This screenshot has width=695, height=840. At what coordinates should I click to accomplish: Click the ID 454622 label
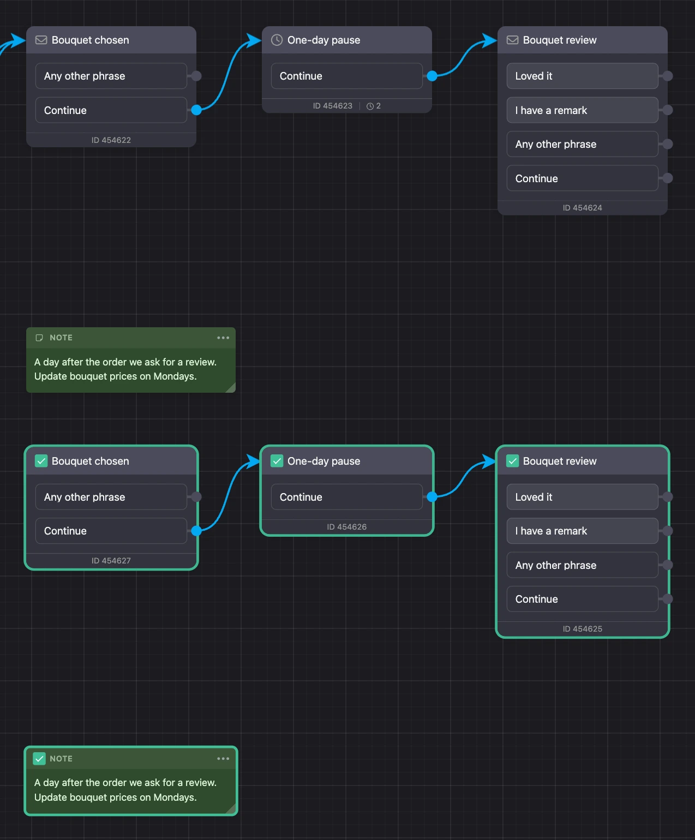coord(111,140)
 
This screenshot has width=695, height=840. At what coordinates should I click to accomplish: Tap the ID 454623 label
coord(332,106)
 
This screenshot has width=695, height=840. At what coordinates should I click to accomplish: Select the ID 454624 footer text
coord(582,208)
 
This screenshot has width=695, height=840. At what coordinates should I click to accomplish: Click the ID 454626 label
coord(346,526)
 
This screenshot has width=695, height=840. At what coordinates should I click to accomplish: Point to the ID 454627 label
coord(111,560)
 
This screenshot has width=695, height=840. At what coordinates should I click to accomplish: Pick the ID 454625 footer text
coord(582,628)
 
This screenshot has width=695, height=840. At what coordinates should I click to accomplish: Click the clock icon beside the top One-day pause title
coord(277,40)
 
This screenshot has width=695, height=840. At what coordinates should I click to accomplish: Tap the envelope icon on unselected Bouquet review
coord(512,40)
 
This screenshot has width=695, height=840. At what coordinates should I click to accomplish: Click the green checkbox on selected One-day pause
coord(277,460)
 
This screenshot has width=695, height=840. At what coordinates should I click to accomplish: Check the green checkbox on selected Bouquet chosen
coord(41,460)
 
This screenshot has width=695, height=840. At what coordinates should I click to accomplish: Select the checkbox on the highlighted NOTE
coord(39,758)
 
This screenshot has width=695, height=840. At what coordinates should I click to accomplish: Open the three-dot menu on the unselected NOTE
coord(223,338)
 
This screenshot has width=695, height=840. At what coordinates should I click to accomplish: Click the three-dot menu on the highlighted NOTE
coord(223,758)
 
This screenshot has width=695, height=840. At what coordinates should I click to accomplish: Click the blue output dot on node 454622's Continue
coord(196,110)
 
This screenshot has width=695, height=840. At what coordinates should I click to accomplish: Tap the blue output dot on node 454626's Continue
coord(432,497)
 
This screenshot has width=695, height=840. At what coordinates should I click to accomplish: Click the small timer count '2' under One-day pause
coord(378,106)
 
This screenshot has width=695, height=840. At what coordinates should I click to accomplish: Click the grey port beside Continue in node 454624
coord(667,178)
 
